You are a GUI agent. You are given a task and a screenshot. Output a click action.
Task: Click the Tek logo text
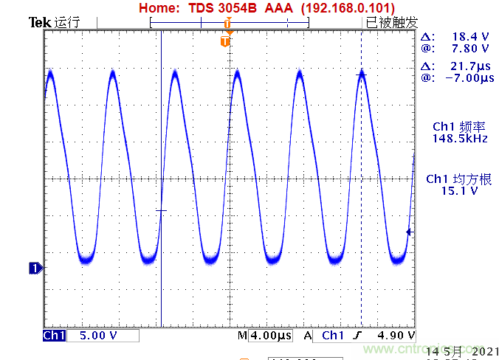[x=38, y=23]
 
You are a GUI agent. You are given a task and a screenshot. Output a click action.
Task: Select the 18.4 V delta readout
[x=470, y=36]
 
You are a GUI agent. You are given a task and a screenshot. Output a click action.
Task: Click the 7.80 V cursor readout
[x=470, y=48]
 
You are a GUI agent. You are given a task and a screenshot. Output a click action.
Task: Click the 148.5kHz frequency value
[x=460, y=138]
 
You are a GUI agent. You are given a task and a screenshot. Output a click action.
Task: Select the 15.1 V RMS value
[x=459, y=190]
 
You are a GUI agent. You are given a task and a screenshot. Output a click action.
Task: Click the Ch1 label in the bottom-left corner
[x=54, y=336]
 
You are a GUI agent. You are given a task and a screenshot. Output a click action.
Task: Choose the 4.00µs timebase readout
[x=270, y=336]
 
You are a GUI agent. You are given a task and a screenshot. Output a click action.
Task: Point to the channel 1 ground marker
[x=34, y=269]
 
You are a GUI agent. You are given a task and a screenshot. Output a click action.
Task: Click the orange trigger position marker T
[x=225, y=42]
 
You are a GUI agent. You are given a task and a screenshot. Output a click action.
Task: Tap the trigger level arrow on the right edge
[x=409, y=232]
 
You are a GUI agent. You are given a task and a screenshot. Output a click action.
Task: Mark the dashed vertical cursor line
[x=361, y=184]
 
